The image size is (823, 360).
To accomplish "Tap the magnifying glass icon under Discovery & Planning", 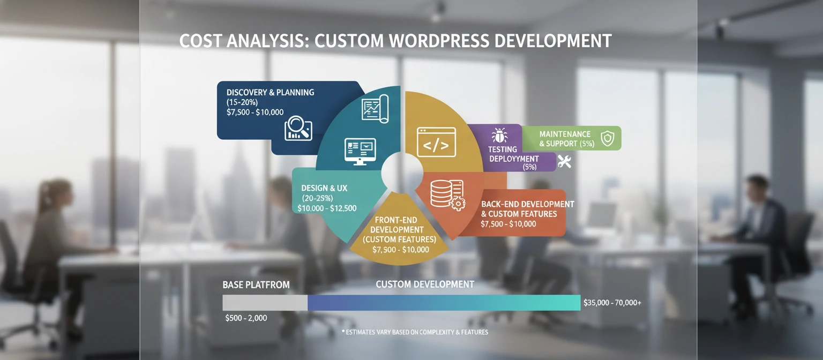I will tap(298, 129).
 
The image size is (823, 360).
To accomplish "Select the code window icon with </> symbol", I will tap(436, 142).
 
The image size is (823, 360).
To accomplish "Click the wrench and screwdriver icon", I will tap(564, 161).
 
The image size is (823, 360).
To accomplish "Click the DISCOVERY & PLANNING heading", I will tap(270, 92).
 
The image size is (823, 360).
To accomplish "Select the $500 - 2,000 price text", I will tap(246, 318).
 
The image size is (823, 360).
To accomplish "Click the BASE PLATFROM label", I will tap(256, 285).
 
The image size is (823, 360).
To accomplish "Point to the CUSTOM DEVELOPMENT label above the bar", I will tap(425, 284).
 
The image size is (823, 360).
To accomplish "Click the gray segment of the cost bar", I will tap(265, 303).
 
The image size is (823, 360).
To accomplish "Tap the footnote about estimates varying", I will tap(415, 332).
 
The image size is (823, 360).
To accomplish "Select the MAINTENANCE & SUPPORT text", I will tap(566, 139).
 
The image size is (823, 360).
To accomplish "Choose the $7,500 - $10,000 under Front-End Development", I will tap(401, 249).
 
